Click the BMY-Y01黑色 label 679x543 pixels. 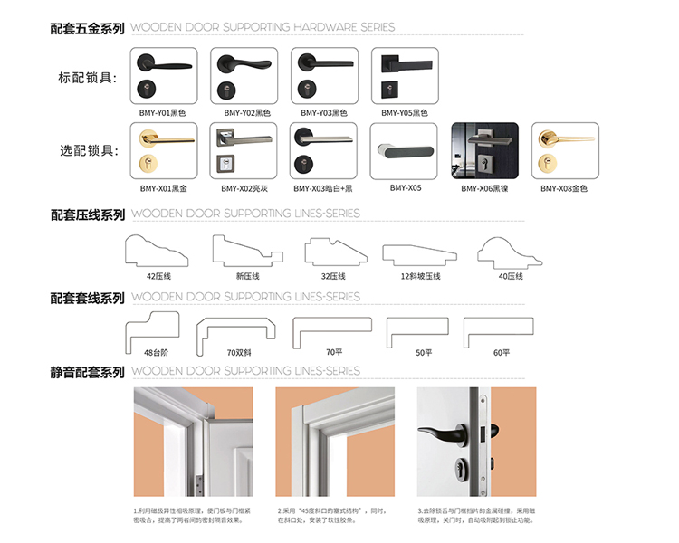[160, 113]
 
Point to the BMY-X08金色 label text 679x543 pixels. [564, 189]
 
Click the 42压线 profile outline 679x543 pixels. [158, 251]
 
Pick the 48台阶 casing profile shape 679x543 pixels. [156, 328]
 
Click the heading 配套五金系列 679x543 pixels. [88, 28]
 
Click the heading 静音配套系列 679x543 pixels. [88, 371]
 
